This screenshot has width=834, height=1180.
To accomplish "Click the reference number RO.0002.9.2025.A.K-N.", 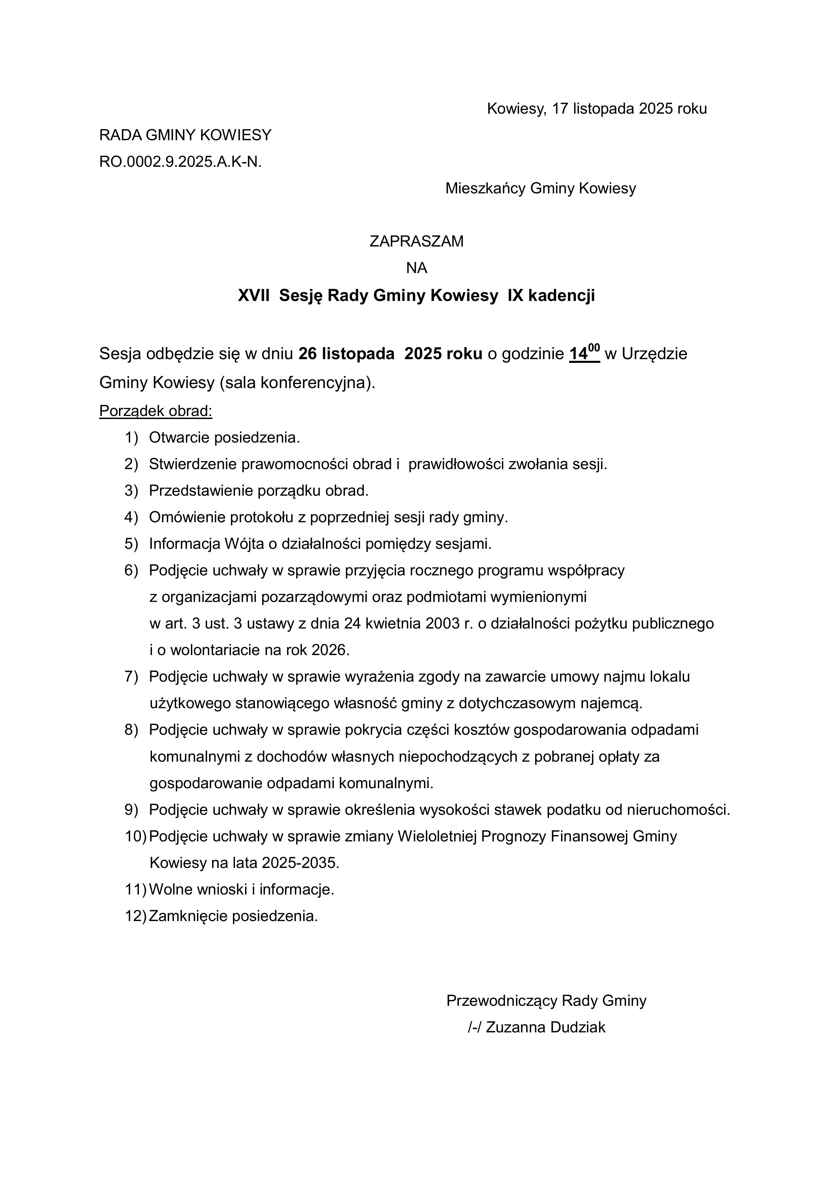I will point(181,162).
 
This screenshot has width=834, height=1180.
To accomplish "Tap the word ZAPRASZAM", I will point(416,241).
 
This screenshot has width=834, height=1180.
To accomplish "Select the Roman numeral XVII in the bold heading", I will point(253,296).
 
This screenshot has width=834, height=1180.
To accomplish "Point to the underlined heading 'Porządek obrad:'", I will point(156,411).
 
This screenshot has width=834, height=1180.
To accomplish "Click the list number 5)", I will point(131,544).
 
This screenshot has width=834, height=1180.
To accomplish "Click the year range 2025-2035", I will point(300,863).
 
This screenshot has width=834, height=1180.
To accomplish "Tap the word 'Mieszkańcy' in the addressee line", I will point(485,189).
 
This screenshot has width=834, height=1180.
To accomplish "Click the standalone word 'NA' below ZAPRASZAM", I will point(416,268).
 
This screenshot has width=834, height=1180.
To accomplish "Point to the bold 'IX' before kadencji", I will point(515,296).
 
